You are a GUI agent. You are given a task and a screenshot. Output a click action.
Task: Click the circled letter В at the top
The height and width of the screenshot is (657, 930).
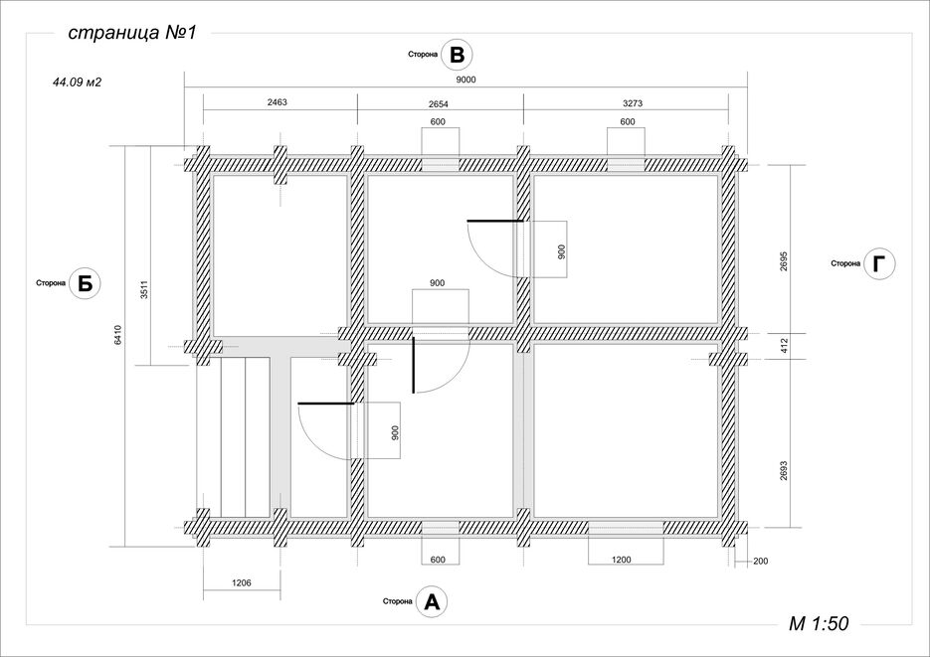458,55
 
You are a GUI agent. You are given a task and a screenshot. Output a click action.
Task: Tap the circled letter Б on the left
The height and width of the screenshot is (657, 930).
86,283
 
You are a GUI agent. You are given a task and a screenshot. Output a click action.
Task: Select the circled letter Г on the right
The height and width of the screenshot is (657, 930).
879,263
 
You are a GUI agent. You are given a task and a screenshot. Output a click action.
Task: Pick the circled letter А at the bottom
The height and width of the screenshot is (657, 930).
432,602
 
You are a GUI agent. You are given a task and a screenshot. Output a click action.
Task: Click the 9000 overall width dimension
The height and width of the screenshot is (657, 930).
466,80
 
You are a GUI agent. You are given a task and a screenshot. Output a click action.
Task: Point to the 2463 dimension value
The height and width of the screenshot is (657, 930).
277,102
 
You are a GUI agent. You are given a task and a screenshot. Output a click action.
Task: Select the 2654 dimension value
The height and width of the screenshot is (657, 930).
439,104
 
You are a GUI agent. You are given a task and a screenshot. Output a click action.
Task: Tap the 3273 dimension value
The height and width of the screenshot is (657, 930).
633,103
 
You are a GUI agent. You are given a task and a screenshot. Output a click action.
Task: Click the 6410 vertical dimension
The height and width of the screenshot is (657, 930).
118,335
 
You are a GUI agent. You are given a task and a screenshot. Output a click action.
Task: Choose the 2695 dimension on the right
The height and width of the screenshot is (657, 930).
784,261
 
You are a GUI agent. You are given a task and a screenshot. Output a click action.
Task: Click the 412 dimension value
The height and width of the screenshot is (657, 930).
784,346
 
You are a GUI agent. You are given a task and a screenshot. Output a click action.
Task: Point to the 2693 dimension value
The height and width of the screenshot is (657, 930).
784,471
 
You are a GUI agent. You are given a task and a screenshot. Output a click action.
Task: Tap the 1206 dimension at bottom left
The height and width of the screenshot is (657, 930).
242,582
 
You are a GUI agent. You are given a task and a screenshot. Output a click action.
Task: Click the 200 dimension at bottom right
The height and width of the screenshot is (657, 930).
760,561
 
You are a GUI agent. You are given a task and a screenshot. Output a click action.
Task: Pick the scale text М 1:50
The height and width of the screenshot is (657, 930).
819,623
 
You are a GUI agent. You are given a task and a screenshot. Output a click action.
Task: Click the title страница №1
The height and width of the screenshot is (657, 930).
131,33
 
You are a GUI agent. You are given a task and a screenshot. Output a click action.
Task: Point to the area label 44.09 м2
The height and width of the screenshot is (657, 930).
78,82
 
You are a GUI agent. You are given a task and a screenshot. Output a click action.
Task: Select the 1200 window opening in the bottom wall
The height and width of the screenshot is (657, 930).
626,527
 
